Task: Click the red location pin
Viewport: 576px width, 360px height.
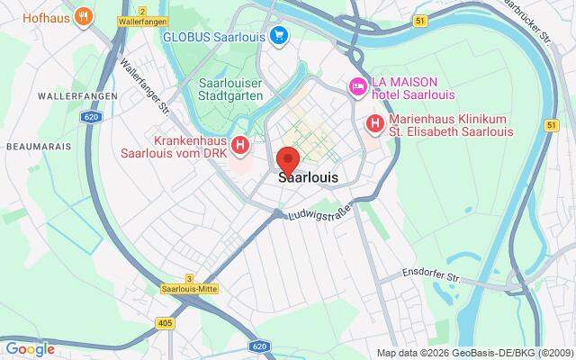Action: click(x=288, y=159)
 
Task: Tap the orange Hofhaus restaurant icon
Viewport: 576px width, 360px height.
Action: click(x=83, y=15)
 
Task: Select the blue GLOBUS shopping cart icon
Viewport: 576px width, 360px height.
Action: click(x=279, y=36)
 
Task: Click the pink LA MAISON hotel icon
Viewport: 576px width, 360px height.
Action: click(x=356, y=87)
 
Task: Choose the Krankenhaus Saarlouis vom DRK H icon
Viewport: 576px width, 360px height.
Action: click(x=239, y=144)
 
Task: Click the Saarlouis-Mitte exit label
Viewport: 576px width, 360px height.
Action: click(x=189, y=289)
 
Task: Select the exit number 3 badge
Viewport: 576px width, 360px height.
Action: click(x=189, y=278)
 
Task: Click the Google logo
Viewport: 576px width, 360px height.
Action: click(x=30, y=349)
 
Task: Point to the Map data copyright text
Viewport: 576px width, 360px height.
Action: click(x=474, y=353)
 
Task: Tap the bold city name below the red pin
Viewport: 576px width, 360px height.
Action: click(x=309, y=178)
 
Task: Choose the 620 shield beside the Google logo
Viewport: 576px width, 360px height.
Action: click(x=258, y=346)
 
